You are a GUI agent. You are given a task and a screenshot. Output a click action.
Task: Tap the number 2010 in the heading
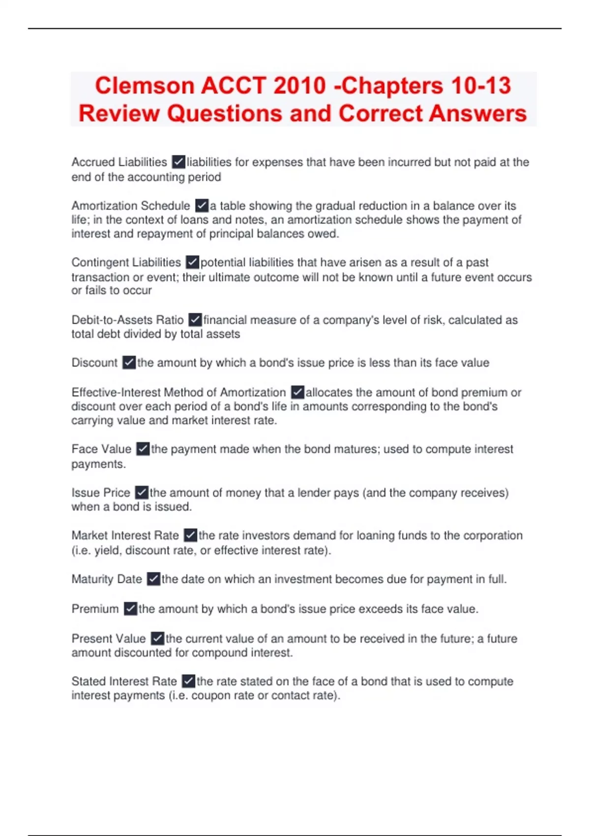tap(299, 86)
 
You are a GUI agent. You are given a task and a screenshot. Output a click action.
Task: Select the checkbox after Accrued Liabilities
tap(178, 162)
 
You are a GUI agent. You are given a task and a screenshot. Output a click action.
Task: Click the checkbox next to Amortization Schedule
tap(202, 205)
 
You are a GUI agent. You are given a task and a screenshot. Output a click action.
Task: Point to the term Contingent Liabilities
tap(126, 263)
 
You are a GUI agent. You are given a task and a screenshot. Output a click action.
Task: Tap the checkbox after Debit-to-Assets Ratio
tap(195, 320)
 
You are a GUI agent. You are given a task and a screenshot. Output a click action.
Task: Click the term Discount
tap(94, 363)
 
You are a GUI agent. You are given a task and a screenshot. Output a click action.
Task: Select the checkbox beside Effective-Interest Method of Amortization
tap(297, 392)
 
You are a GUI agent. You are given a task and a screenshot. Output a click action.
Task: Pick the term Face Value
tap(101, 449)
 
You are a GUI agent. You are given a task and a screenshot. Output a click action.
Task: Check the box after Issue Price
tap(142, 492)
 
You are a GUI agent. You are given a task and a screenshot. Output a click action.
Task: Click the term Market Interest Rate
tap(125, 536)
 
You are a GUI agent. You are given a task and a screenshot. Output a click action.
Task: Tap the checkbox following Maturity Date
tap(153, 579)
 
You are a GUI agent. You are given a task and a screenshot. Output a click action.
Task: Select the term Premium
tap(95, 609)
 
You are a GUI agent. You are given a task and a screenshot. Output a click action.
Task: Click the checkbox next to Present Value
tap(157, 638)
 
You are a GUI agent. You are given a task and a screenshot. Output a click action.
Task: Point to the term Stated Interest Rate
tap(124, 682)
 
